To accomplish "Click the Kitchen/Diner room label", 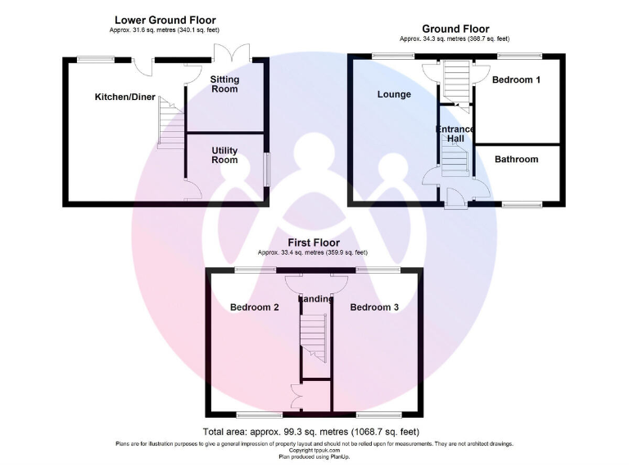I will point(124,97).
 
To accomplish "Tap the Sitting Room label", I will point(224,84).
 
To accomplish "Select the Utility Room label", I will point(224,155).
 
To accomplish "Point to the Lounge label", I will point(394,94).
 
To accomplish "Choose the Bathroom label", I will point(516,159).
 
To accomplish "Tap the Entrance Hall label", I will point(455,134).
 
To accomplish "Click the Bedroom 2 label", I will point(255,307).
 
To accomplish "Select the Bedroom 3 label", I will point(374,307).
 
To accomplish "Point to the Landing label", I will point(316,299).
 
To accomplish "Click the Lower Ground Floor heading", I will point(166,19).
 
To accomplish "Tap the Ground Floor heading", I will point(455,29).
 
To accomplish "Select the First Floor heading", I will point(314,243).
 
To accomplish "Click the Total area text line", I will point(310,432).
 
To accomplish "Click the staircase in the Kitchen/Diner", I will point(169,123).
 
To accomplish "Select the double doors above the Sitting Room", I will point(224,52).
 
